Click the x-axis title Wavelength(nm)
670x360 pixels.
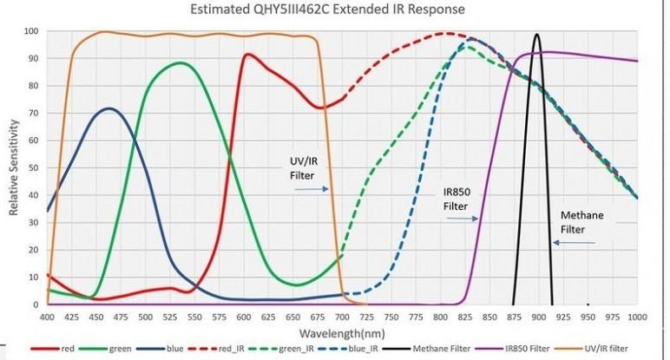(x=342, y=332)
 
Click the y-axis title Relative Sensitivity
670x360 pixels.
(x=14, y=167)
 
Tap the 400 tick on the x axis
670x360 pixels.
(x=47, y=317)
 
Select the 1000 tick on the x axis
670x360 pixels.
(x=637, y=317)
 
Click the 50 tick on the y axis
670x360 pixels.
(x=33, y=168)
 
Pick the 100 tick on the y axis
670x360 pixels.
(x=30, y=31)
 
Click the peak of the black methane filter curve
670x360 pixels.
(x=537, y=36)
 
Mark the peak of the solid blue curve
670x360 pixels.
(x=109, y=108)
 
